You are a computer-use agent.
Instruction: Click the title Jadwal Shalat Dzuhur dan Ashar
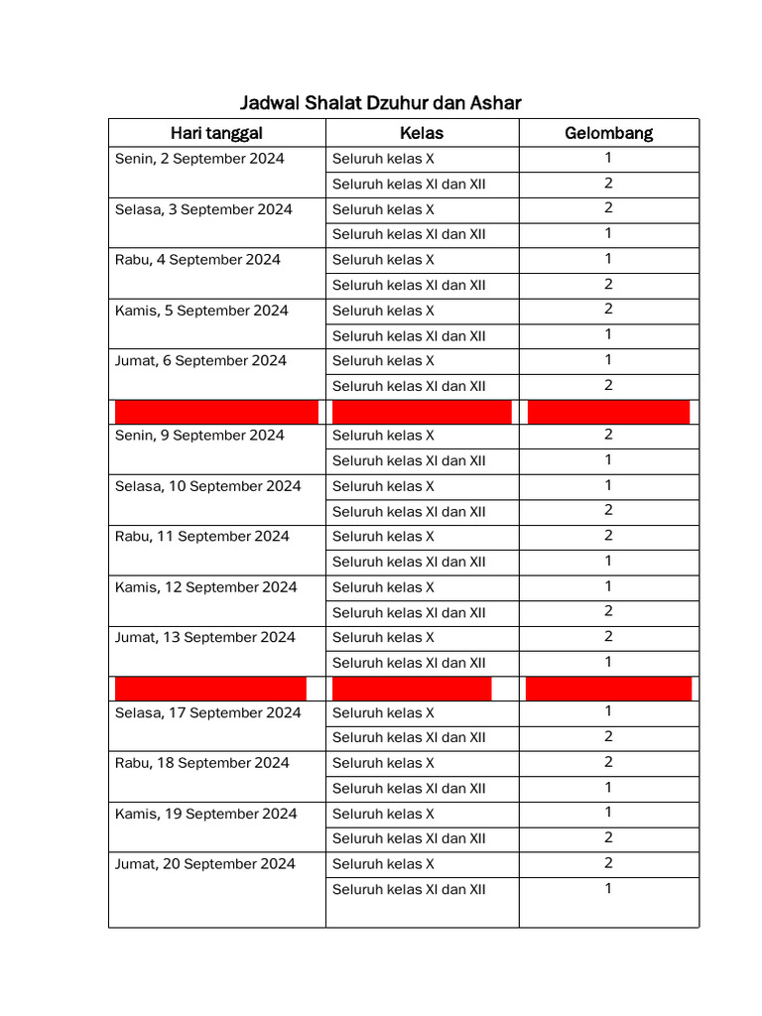coord(381,103)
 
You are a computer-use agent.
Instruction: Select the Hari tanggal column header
coord(216,133)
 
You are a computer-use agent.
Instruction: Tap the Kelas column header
coord(422,133)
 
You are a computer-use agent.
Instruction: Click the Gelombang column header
coord(608,133)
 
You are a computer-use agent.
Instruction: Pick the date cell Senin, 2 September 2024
coord(199,159)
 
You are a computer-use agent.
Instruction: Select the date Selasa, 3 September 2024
coord(203,209)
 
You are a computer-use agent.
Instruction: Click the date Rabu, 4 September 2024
coord(197,260)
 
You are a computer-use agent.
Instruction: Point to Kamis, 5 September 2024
coord(201,311)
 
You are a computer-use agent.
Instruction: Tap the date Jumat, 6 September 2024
coord(200,361)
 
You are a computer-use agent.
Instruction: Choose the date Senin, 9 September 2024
coord(199,436)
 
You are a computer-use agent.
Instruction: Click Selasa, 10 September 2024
coord(207,486)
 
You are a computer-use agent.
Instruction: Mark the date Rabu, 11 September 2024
coord(202,537)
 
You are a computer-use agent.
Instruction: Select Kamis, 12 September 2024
coord(205,587)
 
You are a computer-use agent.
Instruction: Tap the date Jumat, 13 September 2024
coord(204,638)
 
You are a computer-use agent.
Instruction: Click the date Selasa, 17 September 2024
coord(207,713)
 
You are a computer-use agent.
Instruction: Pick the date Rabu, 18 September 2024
coord(202,763)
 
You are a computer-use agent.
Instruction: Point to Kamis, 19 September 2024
coord(205,814)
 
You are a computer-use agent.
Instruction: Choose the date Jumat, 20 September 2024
coord(204,864)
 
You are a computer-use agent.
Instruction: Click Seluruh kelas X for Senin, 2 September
coord(383,159)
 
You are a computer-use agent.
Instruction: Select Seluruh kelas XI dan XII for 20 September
coord(409,890)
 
